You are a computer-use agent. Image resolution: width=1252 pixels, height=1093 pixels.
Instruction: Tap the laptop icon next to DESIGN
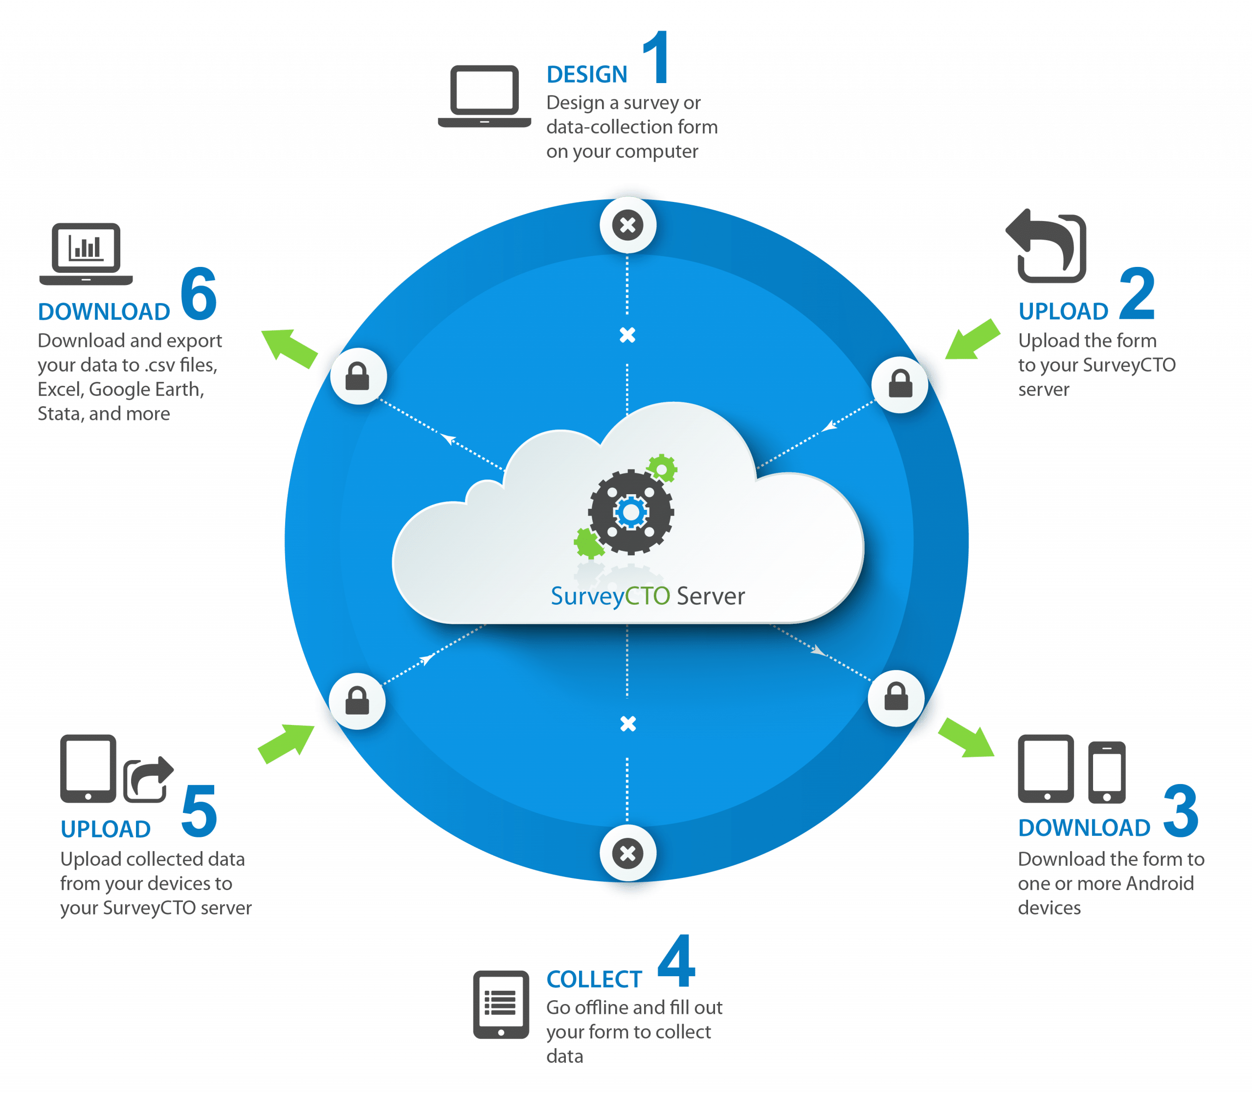click(x=485, y=96)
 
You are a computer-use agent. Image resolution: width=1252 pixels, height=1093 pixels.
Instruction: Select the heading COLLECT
click(x=594, y=979)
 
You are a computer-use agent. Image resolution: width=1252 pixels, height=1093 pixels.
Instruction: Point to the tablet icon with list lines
click(x=501, y=1005)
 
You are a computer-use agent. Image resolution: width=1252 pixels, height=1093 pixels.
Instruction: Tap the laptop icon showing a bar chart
click(x=86, y=254)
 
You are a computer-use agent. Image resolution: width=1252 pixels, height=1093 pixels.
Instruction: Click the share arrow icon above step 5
click(x=148, y=779)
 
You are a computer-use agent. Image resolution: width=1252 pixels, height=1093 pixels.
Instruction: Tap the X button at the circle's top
click(x=628, y=225)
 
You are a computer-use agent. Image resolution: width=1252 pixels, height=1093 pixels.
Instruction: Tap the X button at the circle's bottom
click(x=628, y=853)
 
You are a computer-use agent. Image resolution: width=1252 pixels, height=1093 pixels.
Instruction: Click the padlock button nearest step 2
click(x=900, y=384)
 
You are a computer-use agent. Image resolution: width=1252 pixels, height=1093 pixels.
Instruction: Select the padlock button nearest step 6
click(x=358, y=376)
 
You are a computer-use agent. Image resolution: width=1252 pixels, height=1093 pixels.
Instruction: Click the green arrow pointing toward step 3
click(x=966, y=738)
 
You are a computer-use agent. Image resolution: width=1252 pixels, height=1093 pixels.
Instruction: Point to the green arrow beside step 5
click(x=286, y=743)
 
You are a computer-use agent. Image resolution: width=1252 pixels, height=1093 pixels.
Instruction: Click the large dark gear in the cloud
click(x=631, y=512)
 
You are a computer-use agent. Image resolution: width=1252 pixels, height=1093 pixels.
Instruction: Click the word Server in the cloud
click(x=711, y=596)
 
